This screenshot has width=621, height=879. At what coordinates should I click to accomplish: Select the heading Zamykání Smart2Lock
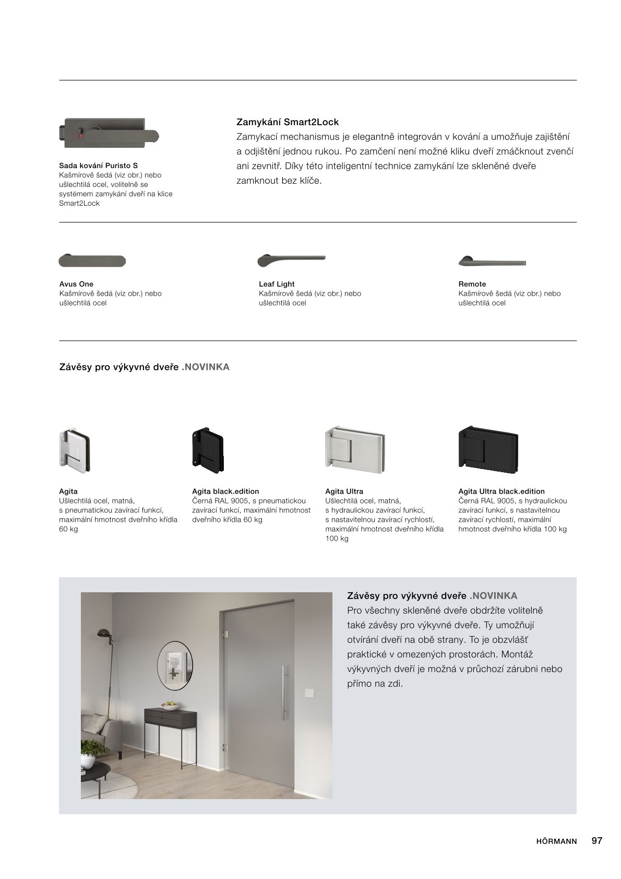coord(288,122)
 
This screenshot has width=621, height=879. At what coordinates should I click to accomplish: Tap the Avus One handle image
coord(92,261)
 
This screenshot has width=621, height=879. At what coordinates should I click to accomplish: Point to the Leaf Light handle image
coord(291,260)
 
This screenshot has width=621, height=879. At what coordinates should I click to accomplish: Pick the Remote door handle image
coord(492,261)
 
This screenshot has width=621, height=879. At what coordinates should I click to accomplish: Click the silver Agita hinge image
coord(75,450)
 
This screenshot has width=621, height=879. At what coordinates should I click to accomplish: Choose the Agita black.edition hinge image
coord(207,450)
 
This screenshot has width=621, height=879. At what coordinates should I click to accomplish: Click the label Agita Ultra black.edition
coord(501,491)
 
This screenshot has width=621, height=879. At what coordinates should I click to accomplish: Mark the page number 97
coord(597,841)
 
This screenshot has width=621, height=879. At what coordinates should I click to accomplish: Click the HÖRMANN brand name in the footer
coord(556,841)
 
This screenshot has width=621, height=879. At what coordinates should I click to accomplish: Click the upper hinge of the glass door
coord(226,634)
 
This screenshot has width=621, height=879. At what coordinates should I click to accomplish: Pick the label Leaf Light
coord(277,284)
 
